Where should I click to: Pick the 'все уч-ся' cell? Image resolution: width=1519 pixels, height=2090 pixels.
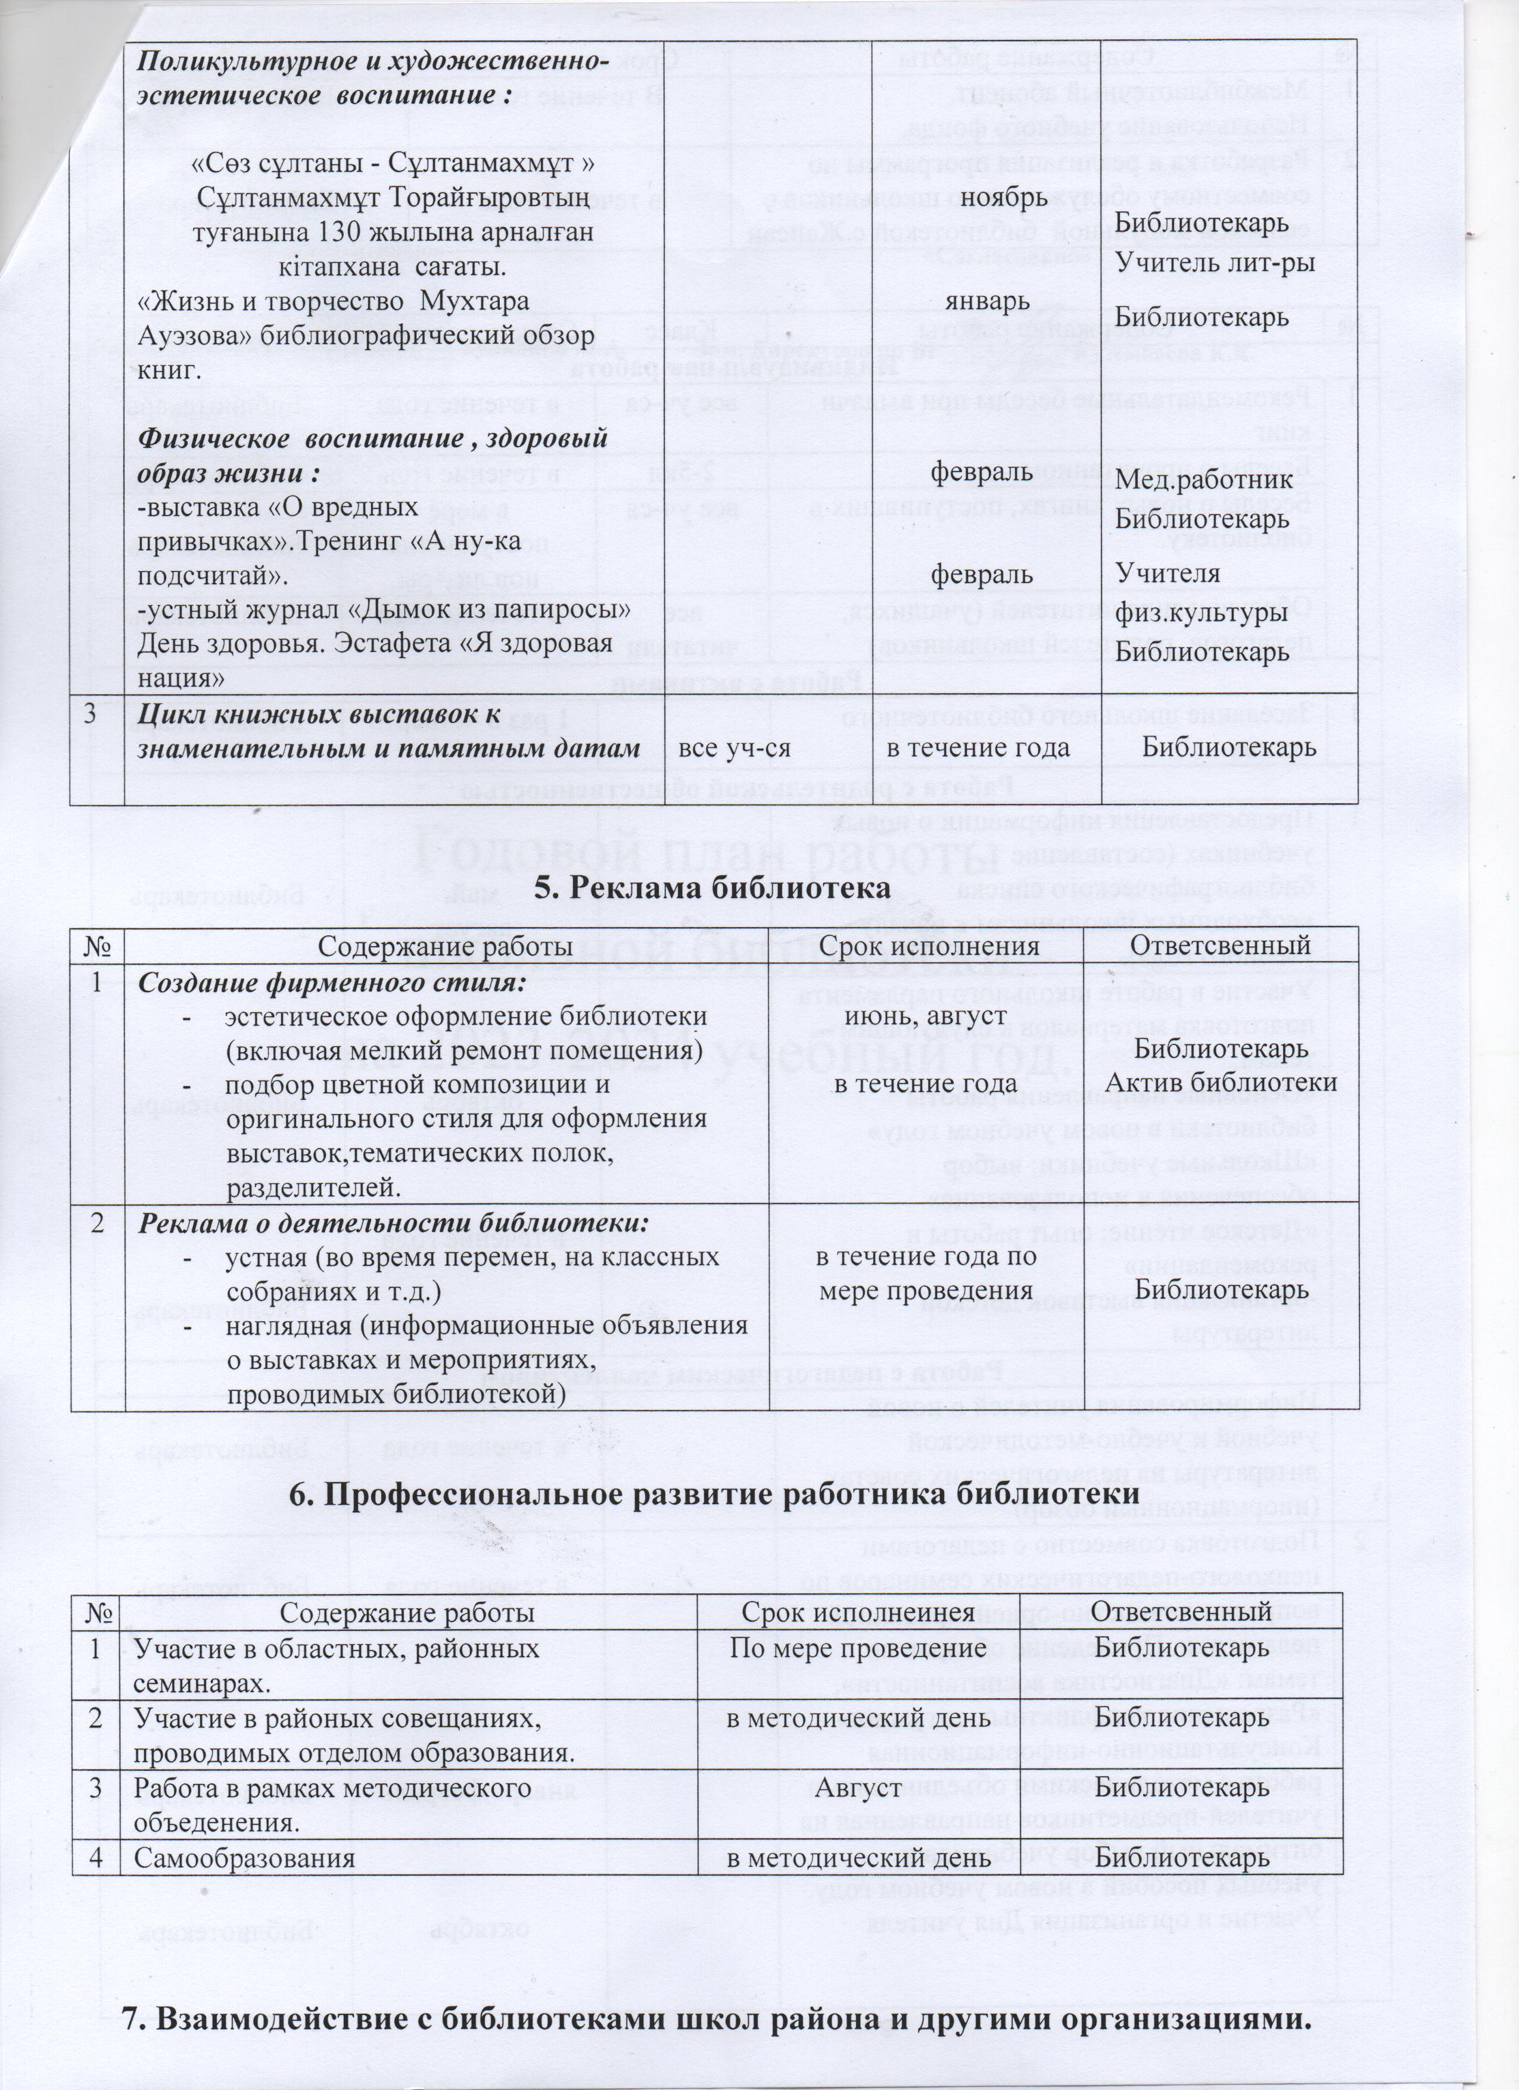(x=734, y=747)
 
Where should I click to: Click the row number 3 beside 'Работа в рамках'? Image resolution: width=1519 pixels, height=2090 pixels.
(x=96, y=1788)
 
